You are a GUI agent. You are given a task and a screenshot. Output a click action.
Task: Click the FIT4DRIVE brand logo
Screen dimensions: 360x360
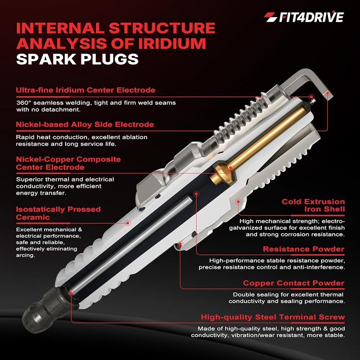(x=303, y=17)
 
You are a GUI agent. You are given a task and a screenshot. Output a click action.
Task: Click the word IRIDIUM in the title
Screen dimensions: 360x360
(x=172, y=44)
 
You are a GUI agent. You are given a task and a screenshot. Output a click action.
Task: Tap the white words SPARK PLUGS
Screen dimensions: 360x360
(x=77, y=59)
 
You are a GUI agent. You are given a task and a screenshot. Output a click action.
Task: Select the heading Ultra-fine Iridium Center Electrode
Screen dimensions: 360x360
(x=86, y=90)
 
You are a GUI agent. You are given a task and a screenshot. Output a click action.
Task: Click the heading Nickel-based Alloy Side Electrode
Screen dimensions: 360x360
(x=85, y=125)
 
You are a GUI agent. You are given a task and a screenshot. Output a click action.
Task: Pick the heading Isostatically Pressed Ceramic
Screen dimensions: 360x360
(x=58, y=213)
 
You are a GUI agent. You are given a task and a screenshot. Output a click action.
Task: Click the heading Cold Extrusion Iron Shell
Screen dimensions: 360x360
(x=313, y=205)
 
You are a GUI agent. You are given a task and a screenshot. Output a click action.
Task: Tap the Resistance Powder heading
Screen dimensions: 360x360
(x=303, y=249)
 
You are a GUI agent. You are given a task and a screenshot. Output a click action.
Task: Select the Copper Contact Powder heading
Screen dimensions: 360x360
(x=294, y=283)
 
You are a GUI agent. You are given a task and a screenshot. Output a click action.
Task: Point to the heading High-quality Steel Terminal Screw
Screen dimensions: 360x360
(x=273, y=317)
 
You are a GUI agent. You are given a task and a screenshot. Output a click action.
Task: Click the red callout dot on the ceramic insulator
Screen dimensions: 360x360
(x=128, y=223)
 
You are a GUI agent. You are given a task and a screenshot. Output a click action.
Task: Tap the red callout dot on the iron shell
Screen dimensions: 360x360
(x=238, y=202)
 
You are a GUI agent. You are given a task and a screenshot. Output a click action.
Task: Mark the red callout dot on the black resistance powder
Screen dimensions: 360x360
(x=196, y=194)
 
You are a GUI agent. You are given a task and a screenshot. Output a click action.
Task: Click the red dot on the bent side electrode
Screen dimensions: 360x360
(x=328, y=93)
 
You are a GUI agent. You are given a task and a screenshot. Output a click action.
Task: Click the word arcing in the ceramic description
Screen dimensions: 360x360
(x=25, y=255)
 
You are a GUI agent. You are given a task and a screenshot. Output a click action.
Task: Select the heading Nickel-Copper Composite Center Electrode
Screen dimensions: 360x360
(x=68, y=163)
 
